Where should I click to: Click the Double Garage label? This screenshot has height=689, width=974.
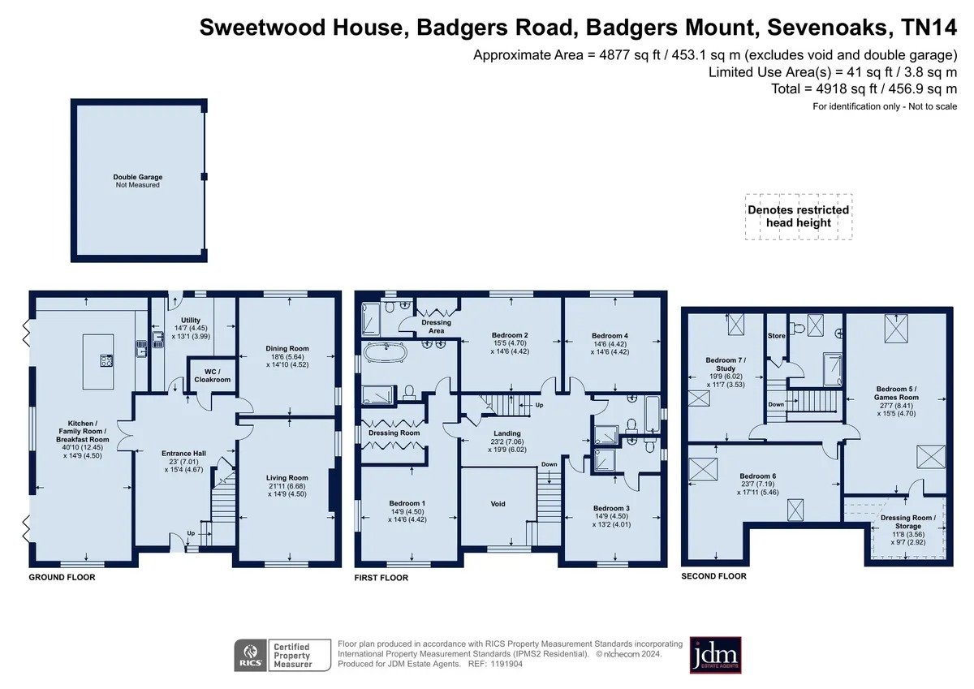(137, 177)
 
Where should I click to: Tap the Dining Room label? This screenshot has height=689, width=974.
(287, 348)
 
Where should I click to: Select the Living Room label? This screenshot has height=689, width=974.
(287, 478)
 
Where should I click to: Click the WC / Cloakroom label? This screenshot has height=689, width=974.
(212, 376)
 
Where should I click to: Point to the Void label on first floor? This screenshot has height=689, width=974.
(498, 504)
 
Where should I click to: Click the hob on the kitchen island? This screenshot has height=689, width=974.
(106, 361)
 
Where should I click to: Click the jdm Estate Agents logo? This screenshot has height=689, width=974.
(715, 655)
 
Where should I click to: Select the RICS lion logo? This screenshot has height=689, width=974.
(251, 655)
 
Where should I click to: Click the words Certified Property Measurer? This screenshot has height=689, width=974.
(293, 656)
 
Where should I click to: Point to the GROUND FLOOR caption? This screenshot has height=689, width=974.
(62, 577)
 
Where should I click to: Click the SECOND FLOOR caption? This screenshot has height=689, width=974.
(713, 576)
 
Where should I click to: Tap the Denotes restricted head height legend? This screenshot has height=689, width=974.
(799, 217)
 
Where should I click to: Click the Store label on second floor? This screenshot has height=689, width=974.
(776, 336)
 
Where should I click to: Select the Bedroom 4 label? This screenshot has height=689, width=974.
(610, 336)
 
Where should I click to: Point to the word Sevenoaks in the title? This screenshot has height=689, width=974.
(826, 28)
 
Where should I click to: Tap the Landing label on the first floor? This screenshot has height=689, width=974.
(507, 433)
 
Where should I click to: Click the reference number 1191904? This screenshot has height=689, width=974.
(506, 664)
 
